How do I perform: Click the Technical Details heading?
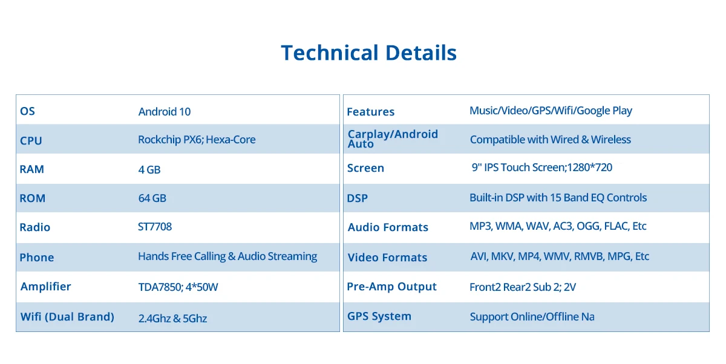click(x=368, y=53)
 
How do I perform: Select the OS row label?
click(x=27, y=111)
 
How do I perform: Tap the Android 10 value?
click(x=165, y=112)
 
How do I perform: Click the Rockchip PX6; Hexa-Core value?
click(x=197, y=140)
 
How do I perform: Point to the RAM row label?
click(x=31, y=169)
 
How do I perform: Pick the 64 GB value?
click(x=152, y=198)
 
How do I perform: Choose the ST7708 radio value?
click(x=155, y=227)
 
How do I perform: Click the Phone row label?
click(x=37, y=258)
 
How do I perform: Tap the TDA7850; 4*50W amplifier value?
click(x=178, y=287)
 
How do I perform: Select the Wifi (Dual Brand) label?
click(x=67, y=317)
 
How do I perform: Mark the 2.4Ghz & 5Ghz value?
click(x=172, y=318)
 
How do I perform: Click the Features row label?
click(x=370, y=112)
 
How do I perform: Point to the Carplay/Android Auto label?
click(x=393, y=138)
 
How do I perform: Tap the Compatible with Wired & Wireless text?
click(x=551, y=140)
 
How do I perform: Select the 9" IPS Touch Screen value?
click(x=542, y=167)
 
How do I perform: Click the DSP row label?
click(x=357, y=198)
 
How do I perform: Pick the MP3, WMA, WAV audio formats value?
click(x=558, y=226)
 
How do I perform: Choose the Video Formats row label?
click(x=387, y=258)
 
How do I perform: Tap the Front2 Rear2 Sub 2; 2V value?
click(x=523, y=287)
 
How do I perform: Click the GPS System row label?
click(x=379, y=316)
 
